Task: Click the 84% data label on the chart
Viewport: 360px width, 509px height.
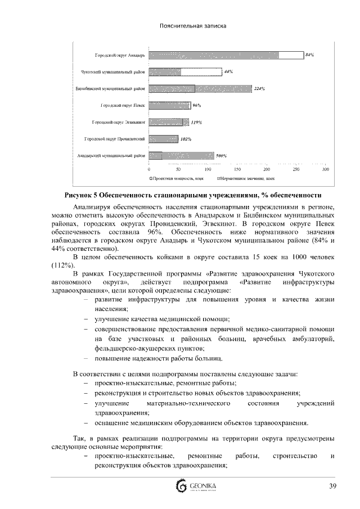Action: point(309,55)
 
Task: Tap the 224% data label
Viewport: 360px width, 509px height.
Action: point(259,88)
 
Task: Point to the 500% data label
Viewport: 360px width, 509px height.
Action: point(221,155)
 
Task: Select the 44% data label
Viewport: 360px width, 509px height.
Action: point(228,71)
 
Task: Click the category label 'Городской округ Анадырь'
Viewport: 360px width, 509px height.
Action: point(119,55)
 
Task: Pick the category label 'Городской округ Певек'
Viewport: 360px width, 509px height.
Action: point(123,105)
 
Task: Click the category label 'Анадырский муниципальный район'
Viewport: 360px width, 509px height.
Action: point(111,155)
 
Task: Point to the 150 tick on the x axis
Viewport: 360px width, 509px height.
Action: point(237,169)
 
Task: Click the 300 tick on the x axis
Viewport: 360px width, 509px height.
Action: point(325,169)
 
